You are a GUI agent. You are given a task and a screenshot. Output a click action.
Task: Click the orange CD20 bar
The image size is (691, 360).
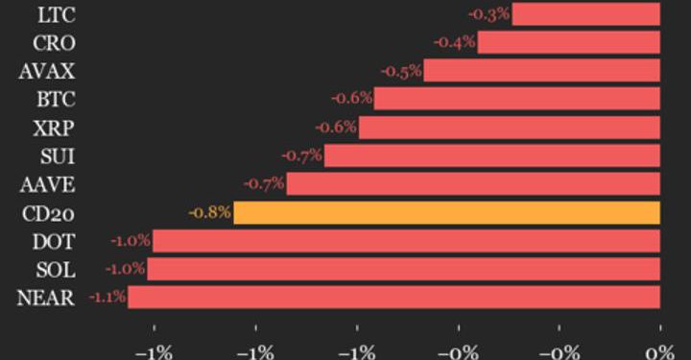click(x=446, y=212)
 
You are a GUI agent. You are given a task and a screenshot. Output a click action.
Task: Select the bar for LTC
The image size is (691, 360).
click(x=585, y=13)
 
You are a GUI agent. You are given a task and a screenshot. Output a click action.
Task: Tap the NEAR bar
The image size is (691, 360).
click(x=393, y=298)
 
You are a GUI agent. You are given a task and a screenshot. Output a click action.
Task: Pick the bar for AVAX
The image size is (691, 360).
click(x=541, y=70)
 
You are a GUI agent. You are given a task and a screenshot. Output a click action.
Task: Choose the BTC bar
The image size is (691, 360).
click(x=516, y=98)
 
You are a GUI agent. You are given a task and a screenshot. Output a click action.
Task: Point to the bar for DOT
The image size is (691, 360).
click(x=406, y=240)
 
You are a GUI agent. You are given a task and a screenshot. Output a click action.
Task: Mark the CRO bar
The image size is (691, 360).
click(x=568, y=42)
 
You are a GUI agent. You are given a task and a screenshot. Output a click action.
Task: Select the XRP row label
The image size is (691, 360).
click(x=57, y=127)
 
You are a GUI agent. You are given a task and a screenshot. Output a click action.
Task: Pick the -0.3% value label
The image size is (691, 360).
click(x=488, y=13)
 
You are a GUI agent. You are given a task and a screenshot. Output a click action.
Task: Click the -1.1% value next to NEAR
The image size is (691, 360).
click(x=107, y=298)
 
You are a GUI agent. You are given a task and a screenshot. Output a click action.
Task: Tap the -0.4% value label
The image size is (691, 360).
click(x=455, y=42)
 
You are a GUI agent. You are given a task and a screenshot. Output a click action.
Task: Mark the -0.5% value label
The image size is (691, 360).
click(x=401, y=70)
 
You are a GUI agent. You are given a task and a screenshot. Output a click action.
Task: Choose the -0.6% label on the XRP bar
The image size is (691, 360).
click(x=337, y=127)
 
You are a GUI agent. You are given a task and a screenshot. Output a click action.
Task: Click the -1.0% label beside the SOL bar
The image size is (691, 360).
click(x=127, y=269)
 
